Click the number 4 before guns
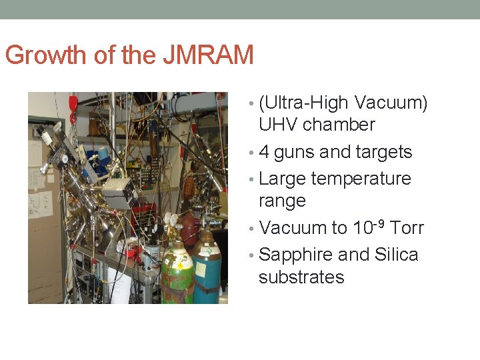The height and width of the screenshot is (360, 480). (x=264, y=152)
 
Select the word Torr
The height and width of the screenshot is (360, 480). (x=407, y=228)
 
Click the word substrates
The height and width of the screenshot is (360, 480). (x=301, y=277)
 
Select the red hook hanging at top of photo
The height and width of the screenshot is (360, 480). (x=73, y=101)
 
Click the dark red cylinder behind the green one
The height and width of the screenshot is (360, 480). (x=191, y=230)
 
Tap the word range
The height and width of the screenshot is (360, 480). (x=281, y=201)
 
